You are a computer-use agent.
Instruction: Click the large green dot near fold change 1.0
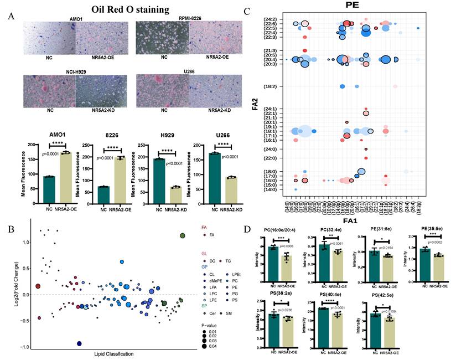tap(182, 236)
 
